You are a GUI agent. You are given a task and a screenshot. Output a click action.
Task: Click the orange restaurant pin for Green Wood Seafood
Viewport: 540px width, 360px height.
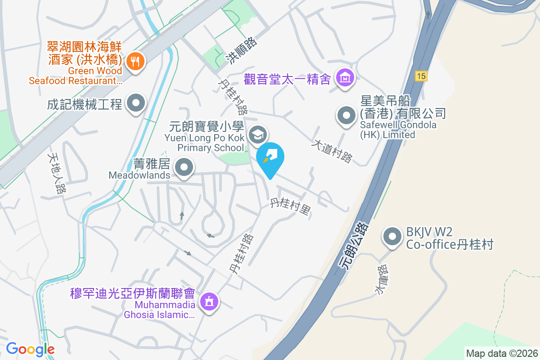135,61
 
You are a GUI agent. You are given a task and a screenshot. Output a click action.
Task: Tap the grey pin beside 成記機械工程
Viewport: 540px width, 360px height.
136,104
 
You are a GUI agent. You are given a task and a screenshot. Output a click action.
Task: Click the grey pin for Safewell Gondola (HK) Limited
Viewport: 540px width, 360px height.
346,116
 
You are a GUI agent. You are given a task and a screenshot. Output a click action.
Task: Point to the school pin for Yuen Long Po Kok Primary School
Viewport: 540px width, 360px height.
258,134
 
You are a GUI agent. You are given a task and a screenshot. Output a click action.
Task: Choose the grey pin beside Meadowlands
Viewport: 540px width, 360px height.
184,168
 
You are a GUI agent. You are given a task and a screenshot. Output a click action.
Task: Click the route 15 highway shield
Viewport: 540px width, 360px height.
421,76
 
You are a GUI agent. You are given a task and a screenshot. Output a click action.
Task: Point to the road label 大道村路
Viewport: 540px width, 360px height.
333,151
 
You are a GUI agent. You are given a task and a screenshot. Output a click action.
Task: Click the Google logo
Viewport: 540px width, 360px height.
30,349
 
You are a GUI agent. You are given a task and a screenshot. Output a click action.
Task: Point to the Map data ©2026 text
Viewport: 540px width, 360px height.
501,354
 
